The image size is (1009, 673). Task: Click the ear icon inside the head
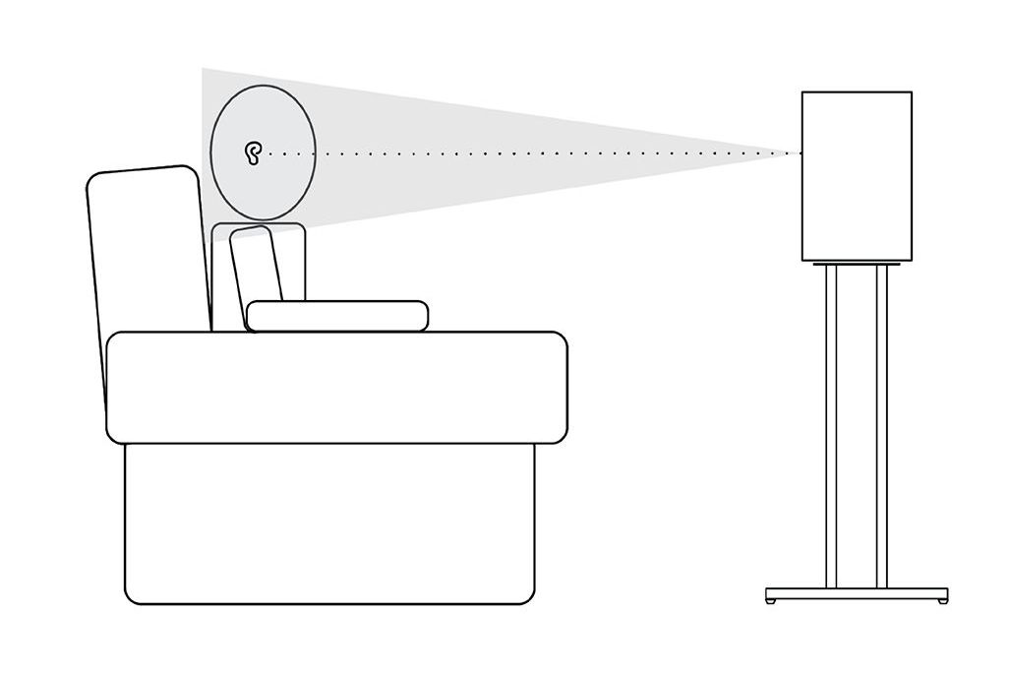click(253, 153)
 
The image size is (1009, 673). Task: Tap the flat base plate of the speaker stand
click(857, 592)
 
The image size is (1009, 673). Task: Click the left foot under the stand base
click(773, 600)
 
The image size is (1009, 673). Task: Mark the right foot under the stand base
click(941, 600)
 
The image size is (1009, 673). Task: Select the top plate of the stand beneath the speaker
click(857, 264)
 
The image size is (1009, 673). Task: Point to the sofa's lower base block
click(330, 521)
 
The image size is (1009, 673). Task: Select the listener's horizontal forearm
click(337, 316)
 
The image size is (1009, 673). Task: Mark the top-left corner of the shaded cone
click(204, 69)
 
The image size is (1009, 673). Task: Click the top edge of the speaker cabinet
click(857, 92)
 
